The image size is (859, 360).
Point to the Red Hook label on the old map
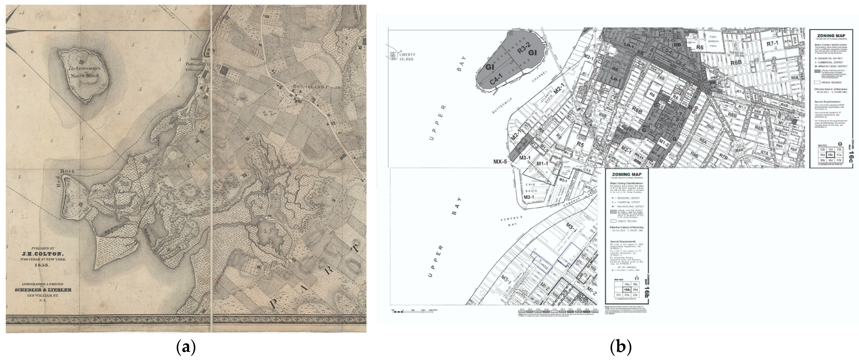point(66,178)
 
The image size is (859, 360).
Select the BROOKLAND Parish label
point(316,87)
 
